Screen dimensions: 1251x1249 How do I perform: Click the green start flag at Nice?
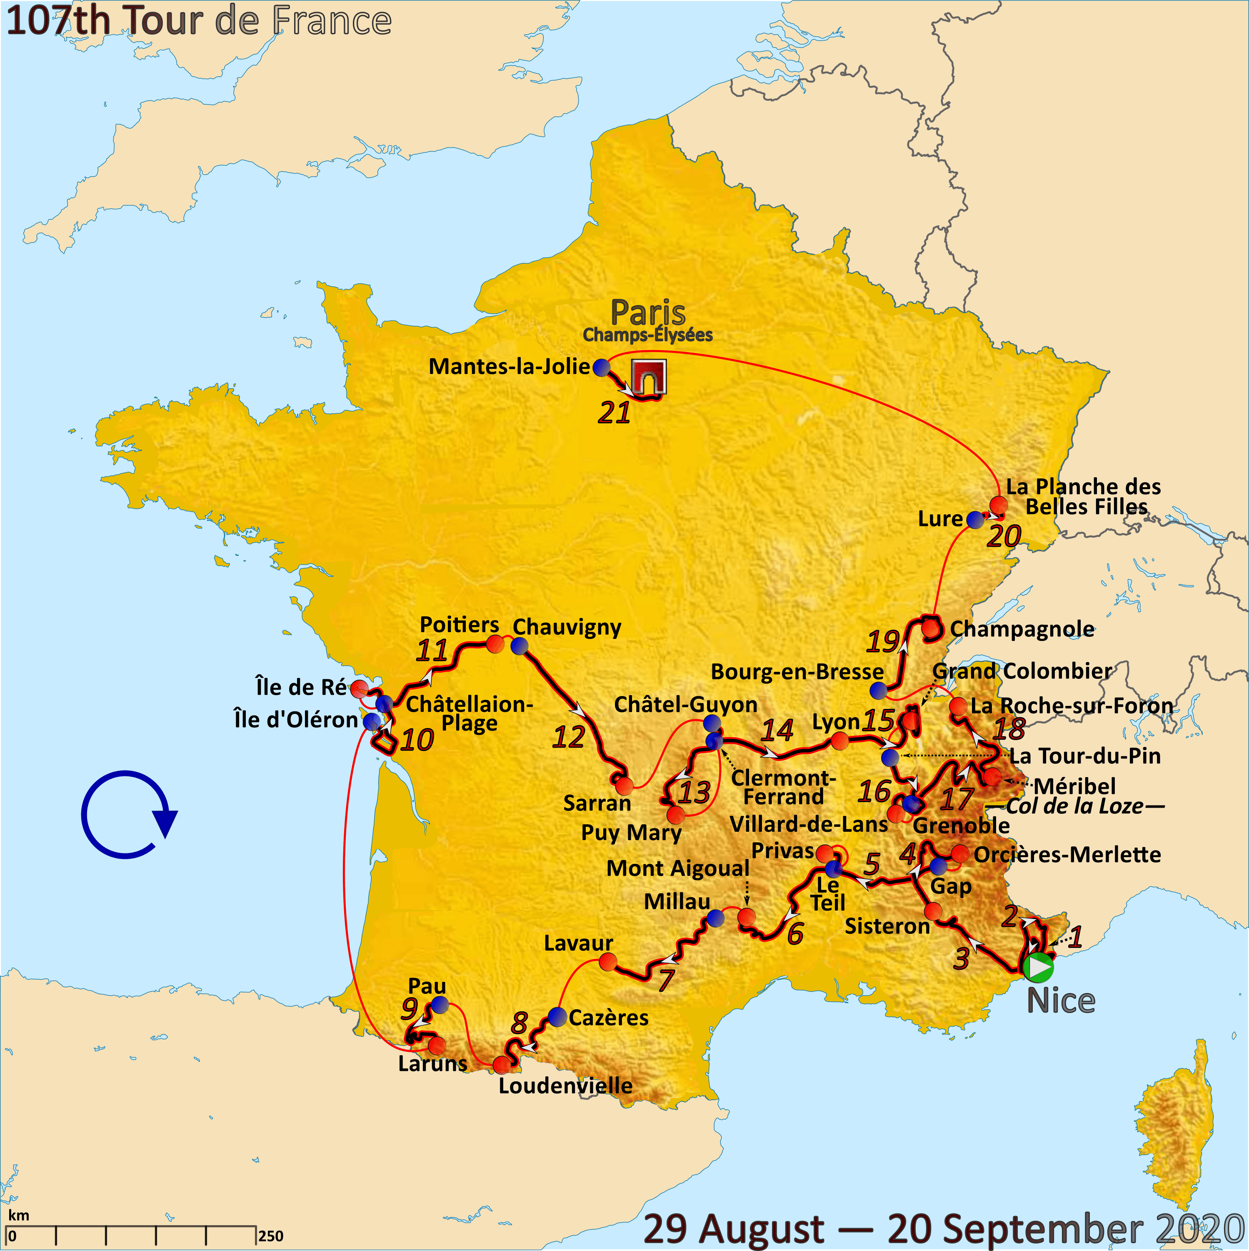[1038, 967]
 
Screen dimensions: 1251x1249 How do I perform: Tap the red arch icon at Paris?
[649, 377]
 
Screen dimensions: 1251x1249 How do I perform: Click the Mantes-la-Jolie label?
[509, 366]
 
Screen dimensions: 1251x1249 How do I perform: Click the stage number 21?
[614, 413]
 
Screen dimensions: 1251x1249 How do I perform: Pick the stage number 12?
[569, 737]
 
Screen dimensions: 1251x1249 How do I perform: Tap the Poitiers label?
[459, 624]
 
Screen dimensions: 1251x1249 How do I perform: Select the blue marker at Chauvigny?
[519, 646]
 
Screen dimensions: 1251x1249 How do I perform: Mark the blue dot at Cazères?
[557, 1017]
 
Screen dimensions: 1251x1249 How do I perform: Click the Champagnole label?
[1022, 629]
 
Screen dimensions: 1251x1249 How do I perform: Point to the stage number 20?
[1004, 536]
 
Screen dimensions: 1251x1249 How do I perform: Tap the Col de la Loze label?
[1075, 806]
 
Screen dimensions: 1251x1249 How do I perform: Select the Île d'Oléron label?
[296, 719]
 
